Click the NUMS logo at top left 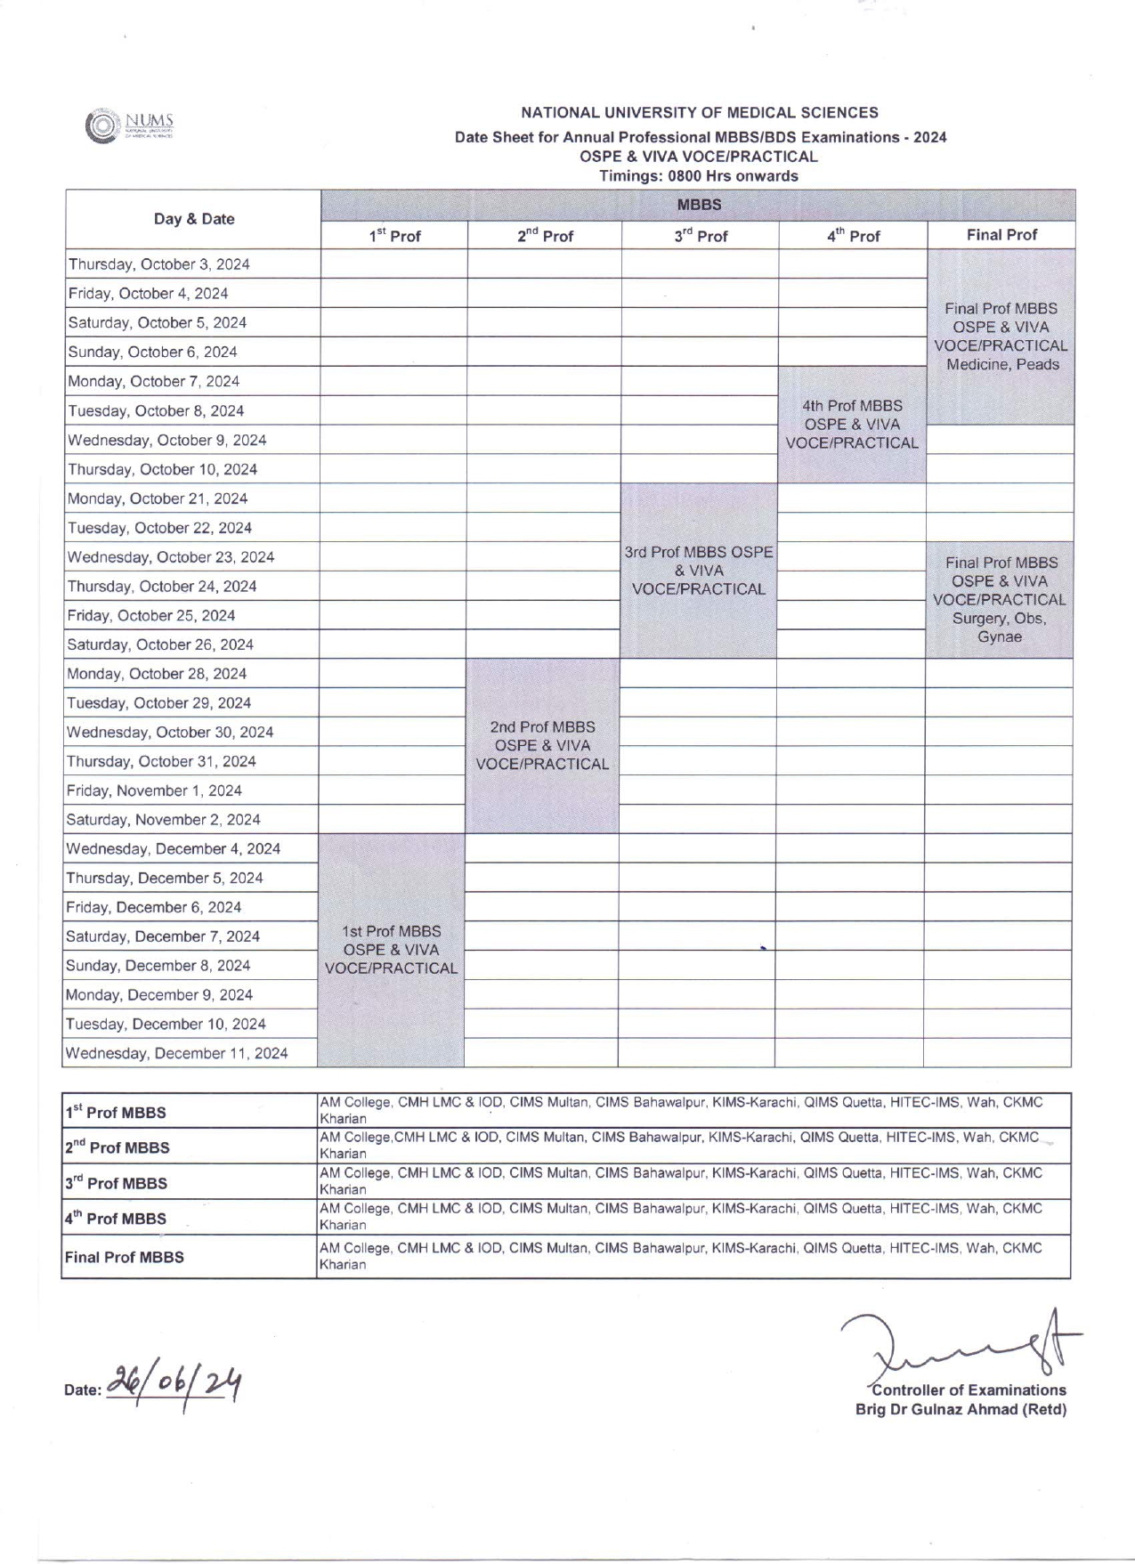(129, 125)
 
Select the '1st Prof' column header (394, 236)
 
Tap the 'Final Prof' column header (1001, 235)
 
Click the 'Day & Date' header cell (194, 219)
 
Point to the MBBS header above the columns (699, 205)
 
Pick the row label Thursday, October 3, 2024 (159, 264)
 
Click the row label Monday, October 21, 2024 (158, 498)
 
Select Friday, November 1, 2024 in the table (154, 790)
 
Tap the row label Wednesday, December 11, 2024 (176, 1053)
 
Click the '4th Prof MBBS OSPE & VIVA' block (852, 425)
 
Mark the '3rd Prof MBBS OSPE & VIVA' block (699, 571)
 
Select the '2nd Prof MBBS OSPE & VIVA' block (542, 746)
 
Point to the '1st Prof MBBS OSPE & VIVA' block (392, 950)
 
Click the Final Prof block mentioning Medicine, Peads (1001, 336)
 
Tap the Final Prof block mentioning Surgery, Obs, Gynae (999, 600)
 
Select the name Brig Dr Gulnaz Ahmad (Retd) (960, 1410)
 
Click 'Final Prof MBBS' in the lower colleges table (125, 1257)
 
